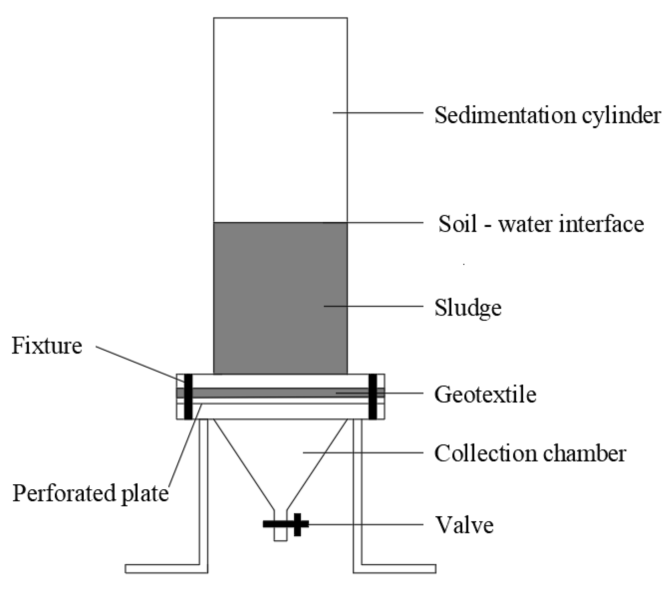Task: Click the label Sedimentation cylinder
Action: [x=547, y=116]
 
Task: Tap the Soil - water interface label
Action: [x=541, y=224]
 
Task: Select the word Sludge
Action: [x=468, y=307]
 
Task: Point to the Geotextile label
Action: [x=485, y=394]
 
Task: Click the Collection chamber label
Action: [x=530, y=453]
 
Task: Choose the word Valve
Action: [x=464, y=525]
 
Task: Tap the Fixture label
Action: [x=47, y=346]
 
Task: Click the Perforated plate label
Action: [x=90, y=493]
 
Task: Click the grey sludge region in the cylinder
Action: [x=280, y=298]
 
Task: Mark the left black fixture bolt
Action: [x=188, y=396]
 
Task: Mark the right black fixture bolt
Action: [x=372, y=396]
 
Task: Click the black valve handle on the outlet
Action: [x=297, y=524]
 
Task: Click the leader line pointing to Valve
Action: [x=365, y=524]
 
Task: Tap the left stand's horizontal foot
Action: [x=163, y=568]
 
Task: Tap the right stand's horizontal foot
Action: [x=397, y=568]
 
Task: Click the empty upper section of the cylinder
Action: [x=280, y=117]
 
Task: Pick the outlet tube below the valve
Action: [x=280, y=535]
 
